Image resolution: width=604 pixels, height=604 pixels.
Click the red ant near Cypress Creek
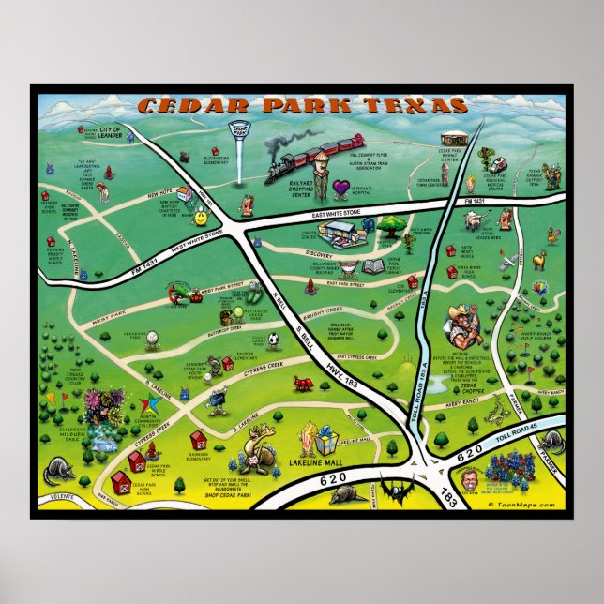coord(303,383)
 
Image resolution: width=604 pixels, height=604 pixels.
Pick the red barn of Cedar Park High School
coord(120,483)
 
